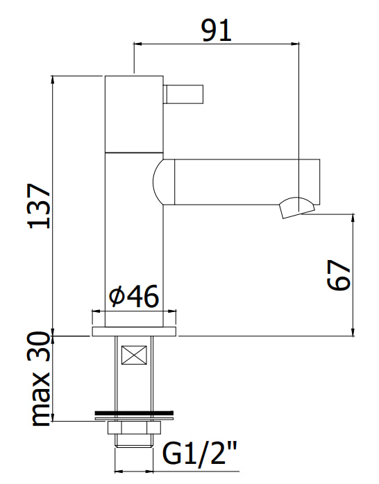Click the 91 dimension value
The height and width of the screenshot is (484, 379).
click(x=217, y=31)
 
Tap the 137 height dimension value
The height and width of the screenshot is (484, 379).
click(x=40, y=206)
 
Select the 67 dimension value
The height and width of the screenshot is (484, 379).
click(x=339, y=275)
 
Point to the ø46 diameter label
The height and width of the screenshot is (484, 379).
click(x=134, y=295)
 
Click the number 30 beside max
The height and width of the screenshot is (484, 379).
click(x=39, y=347)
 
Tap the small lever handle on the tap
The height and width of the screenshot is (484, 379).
click(x=183, y=94)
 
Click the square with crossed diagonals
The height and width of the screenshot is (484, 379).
click(x=134, y=355)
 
